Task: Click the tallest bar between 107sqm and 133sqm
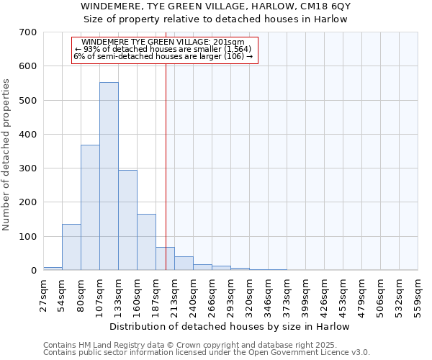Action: point(109,176)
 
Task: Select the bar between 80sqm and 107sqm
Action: point(90,207)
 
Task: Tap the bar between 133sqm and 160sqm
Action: point(127,220)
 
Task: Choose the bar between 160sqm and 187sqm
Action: point(146,242)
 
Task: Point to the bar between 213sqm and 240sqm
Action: point(184,263)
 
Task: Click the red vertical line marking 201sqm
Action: point(166,144)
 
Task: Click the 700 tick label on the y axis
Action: point(28,32)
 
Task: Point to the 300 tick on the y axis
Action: point(28,168)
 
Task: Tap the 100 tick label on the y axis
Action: point(28,236)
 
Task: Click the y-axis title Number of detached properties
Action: point(8,156)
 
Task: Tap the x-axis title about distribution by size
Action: point(230,327)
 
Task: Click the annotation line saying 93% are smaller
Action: point(164,50)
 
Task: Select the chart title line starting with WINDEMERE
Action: point(215,6)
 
